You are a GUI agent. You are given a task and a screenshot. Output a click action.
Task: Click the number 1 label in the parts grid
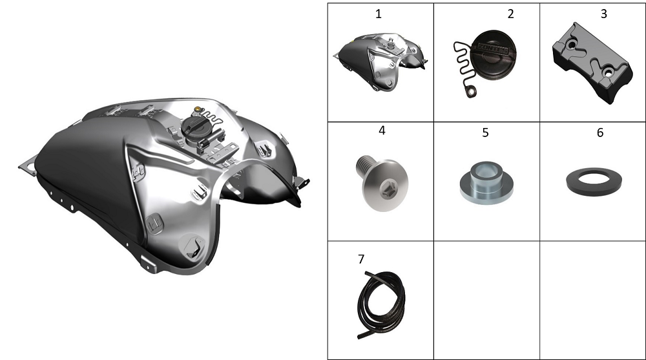[x=378, y=14]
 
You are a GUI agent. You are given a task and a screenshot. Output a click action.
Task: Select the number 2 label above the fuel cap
[x=510, y=14]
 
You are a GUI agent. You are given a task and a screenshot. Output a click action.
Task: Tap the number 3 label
[x=603, y=14]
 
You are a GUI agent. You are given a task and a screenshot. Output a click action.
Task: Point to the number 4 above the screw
[x=382, y=131]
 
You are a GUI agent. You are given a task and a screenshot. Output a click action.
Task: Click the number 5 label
[x=485, y=132]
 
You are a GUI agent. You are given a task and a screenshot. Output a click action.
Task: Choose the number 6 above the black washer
[x=600, y=132]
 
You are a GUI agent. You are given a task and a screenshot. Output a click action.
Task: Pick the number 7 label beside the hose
[x=361, y=259]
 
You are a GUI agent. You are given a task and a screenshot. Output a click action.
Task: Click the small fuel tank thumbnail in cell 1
[x=380, y=62]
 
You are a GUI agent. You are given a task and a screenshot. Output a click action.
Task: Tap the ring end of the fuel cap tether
[x=470, y=92]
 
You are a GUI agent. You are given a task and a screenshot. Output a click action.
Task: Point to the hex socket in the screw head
[x=386, y=191]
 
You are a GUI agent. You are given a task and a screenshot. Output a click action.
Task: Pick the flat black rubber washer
[x=594, y=180]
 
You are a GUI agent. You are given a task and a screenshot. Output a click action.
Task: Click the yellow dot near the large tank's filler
[x=198, y=109]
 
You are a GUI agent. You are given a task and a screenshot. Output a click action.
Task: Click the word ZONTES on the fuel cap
[x=493, y=49]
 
